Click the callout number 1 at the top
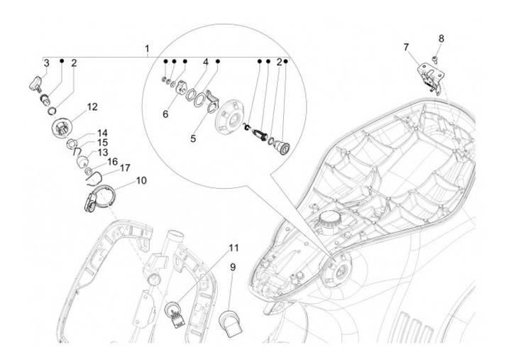tap(147, 48)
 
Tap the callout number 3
tap(46, 64)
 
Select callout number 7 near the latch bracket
tap(407, 47)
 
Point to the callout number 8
tap(441, 38)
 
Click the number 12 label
tap(92, 107)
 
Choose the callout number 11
tap(233, 248)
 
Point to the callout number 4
tap(205, 62)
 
